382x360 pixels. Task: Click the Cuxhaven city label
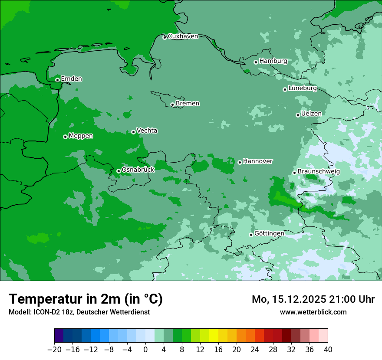[183, 36]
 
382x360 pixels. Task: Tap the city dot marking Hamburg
[256, 62]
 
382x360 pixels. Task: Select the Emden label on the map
[71, 79]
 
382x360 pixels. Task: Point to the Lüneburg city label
[302, 88]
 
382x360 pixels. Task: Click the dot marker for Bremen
[172, 105]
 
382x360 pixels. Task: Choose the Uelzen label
[311, 114]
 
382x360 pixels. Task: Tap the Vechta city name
[147, 131]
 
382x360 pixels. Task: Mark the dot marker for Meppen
[65, 137]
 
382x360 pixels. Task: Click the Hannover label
[257, 161]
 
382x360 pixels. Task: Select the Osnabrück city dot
[119, 171]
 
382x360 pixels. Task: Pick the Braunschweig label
[319, 172]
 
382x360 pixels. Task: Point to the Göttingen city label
[269, 233]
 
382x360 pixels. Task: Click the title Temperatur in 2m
[86, 299]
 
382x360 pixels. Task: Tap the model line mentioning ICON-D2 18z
[79, 312]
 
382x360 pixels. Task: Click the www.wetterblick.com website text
[313, 312]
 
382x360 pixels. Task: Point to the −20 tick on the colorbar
[54, 350]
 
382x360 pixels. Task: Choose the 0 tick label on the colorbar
[145, 350]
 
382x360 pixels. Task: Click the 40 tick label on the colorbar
[328, 350]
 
